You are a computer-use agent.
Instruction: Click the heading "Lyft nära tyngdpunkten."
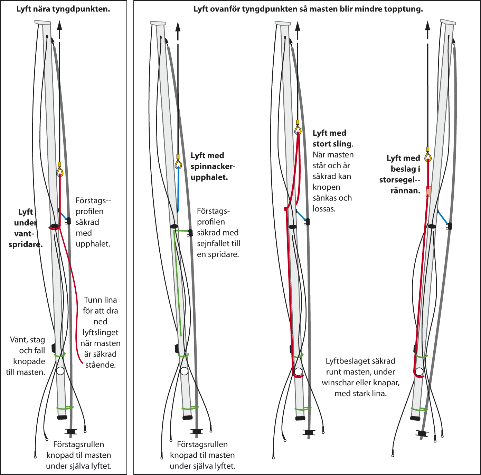coord(63,9)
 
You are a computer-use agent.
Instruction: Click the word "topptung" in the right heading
coord(405,9)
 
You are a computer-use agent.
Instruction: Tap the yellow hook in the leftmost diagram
coord(60,172)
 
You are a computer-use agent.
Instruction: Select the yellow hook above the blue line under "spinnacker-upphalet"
coord(178,164)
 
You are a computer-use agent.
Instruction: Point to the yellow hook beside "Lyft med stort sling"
coord(298,130)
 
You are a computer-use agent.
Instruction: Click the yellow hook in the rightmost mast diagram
coord(428,157)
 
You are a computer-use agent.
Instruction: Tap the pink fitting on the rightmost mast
coord(428,191)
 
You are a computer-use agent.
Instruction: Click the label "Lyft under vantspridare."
coord(26,228)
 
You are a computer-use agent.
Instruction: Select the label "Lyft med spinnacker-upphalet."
coord(213,166)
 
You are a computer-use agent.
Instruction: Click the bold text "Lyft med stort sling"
coord(332,138)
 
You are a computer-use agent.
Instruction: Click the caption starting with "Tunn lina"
coord(100,332)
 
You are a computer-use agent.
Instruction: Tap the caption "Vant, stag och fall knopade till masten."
coord(26,356)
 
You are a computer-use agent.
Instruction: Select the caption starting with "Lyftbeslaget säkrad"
coord(360,377)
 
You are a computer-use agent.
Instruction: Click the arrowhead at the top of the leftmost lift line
coord(59,25)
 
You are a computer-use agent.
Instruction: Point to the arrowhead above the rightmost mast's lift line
coord(428,25)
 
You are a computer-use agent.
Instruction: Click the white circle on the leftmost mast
coord(60,371)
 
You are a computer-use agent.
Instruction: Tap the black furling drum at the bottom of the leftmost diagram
coord(71,431)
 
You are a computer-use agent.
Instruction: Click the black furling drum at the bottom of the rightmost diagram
coord(422,433)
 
